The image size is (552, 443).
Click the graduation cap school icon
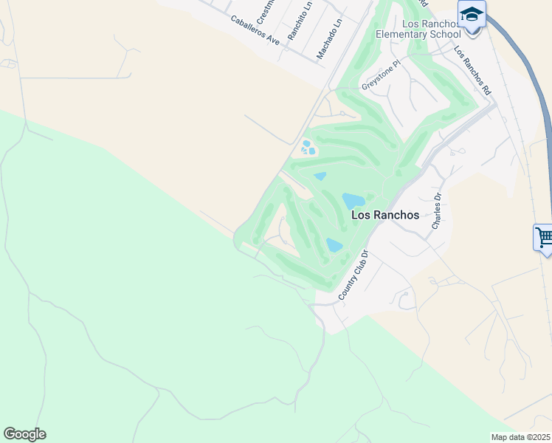471,15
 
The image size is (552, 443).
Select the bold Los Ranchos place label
385,216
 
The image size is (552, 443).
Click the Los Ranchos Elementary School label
418,29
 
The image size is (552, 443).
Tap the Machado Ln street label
330,39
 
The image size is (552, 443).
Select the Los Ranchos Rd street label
472,71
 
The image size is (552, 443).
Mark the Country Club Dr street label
353,275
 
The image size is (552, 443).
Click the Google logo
24,434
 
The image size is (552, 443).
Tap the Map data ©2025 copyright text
521,437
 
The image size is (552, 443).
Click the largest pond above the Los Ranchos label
353,200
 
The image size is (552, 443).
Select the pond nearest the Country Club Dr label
334,245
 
